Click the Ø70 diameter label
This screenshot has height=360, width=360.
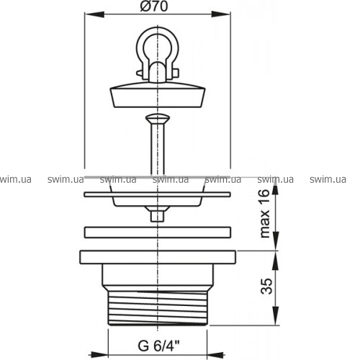pyautogui.click(x=154, y=6)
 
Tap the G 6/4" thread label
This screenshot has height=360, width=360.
pyautogui.click(x=158, y=346)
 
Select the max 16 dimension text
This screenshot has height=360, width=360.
pyautogui.click(x=265, y=213)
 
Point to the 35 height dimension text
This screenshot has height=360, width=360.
pyautogui.click(x=266, y=286)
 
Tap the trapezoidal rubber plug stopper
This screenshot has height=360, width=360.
pyautogui.click(x=158, y=95)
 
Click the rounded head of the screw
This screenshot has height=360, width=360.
pyautogui.click(x=158, y=118)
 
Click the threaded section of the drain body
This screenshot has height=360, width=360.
pyautogui.click(x=158, y=308)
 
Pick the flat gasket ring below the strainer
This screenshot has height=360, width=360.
pyautogui.click(x=158, y=233)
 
